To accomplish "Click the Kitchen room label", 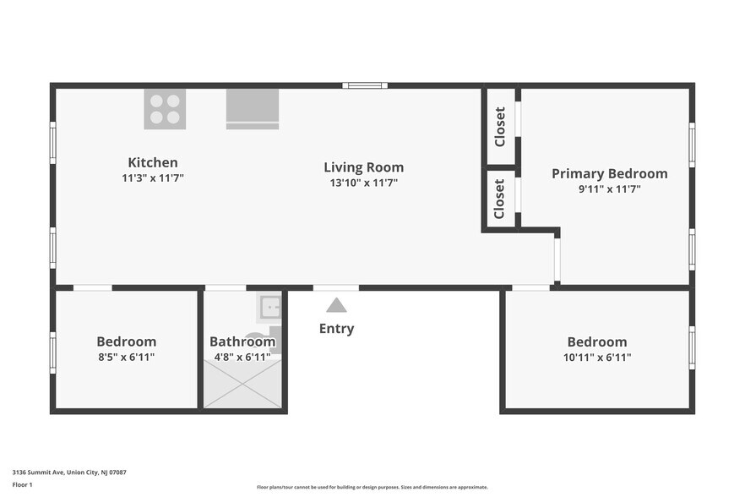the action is click(153, 162).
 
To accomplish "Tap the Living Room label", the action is click(364, 167).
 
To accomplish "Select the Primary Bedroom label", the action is click(610, 174).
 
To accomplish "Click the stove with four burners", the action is click(165, 109).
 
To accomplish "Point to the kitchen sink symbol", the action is click(253, 109).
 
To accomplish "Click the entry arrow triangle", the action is click(336, 305).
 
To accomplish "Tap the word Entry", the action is click(336, 329).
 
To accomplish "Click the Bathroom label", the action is click(242, 342).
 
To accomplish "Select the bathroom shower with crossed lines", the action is click(242, 384).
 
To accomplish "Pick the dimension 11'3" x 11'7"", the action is click(153, 178).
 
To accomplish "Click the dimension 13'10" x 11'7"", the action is click(364, 183).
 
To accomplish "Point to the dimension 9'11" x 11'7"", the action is click(610, 189).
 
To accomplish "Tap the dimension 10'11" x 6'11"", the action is click(597, 358).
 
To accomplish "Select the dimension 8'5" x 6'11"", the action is click(127, 358).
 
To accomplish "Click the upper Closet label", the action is click(500, 127).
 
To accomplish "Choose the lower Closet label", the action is click(499, 199).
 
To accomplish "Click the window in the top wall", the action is click(365, 85).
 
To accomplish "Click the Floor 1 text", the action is click(22, 485).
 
